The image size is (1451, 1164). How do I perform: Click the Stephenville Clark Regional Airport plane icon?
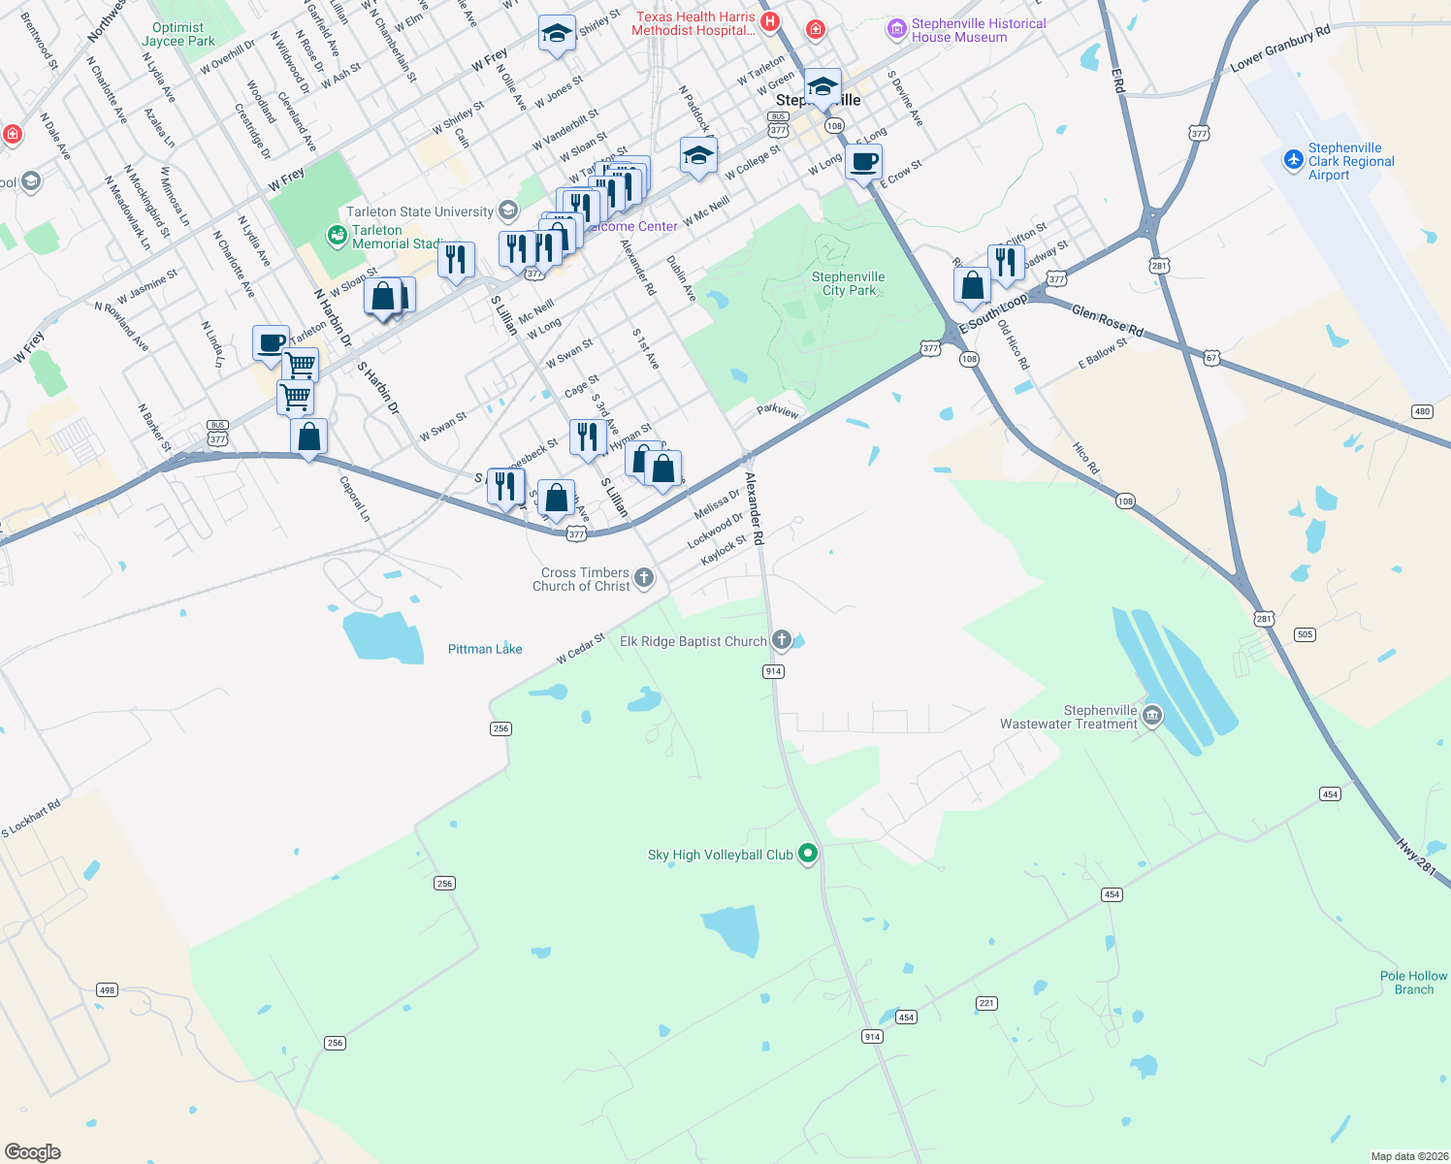point(1293,160)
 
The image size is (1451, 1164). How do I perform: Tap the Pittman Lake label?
point(485,649)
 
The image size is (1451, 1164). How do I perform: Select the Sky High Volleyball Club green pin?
point(808,854)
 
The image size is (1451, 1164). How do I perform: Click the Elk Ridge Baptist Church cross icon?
point(782,640)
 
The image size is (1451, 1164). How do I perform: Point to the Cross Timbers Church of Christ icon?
point(644,579)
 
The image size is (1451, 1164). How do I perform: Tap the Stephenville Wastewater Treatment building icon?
point(1151,717)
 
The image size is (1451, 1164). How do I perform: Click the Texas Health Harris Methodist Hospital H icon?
point(770,22)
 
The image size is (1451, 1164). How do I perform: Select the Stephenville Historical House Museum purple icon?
point(896,30)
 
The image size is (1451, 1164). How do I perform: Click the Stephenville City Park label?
point(849,283)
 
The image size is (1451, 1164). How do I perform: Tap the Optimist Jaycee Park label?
point(178,35)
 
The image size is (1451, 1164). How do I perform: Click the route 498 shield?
point(107,990)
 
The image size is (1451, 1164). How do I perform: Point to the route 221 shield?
point(986,1003)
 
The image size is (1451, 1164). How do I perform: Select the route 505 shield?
point(1305,635)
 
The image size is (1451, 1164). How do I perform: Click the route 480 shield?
point(1422,411)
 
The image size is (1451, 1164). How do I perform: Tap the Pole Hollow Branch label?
point(1413,983)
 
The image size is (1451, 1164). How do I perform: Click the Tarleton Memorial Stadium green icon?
point(337,235)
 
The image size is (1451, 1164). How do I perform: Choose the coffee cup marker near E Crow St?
point(863,162)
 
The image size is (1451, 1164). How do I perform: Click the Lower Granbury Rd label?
point(1279,50)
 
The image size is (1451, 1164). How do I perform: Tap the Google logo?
point(32,1151)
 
